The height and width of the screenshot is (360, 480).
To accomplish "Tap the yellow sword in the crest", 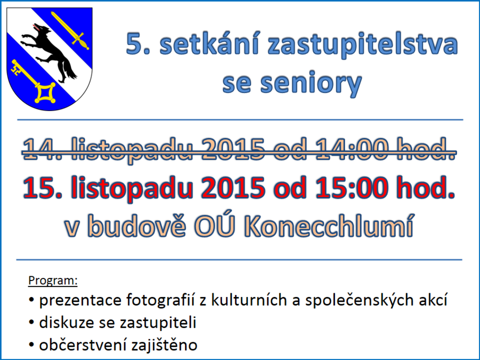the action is (x=70, y=30).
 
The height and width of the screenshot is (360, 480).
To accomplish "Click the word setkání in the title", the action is (x=210, y=44).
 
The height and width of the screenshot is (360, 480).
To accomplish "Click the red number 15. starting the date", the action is (x=43, y=187).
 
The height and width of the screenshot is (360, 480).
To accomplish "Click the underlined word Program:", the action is (x=53, y=281).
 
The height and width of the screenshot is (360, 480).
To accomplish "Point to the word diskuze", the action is (x=67, y=322).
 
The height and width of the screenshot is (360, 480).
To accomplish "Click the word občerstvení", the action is (x=83, y=345).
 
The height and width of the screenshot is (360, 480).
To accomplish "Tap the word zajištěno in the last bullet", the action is (x=164, y=345).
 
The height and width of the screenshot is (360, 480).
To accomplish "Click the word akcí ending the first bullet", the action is (x=435, y=300).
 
